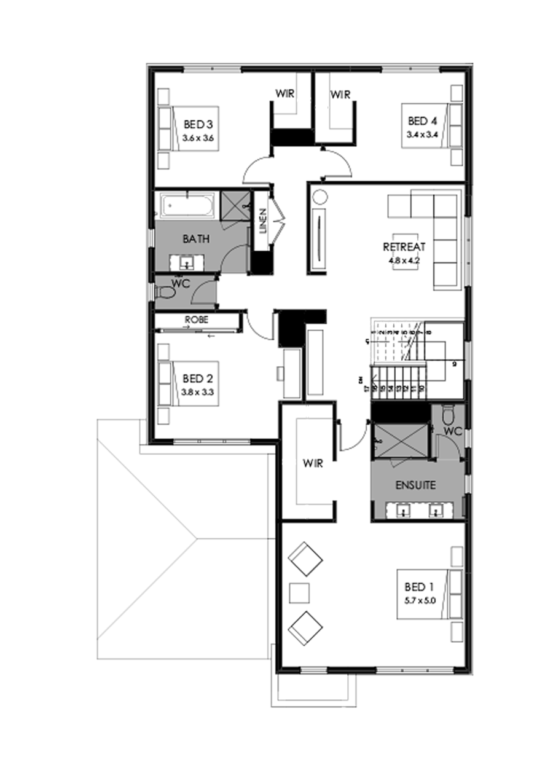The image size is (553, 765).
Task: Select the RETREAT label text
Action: tap(404, 247)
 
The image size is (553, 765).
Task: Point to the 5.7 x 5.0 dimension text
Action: tap(420, 602)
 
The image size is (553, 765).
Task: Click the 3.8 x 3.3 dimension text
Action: tap(197, 392)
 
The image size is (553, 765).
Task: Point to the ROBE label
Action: tap(196, 320)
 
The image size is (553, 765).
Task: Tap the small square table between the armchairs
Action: tap(300, 593)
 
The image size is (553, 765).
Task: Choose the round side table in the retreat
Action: tap(320, 198)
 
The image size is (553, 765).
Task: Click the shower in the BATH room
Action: tap(234, 205)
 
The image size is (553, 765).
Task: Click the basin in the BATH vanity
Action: tap(187, 264)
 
